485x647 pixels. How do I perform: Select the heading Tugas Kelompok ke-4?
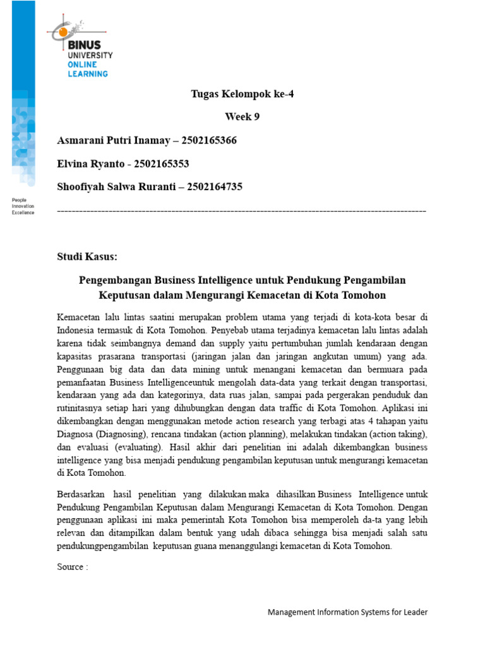point(242,95)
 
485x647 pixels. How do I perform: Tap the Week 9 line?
point(242,117)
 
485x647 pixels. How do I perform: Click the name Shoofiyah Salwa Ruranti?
point(112,187)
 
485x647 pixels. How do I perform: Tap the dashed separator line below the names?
point(242,210)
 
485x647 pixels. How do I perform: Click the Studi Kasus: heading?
point(87,257)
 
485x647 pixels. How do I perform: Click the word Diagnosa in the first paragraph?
point(76,436)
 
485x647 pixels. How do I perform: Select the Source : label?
point(72,567)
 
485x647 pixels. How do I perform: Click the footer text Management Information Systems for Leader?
point(347,612)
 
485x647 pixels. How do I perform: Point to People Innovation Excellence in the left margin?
point(23,207)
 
